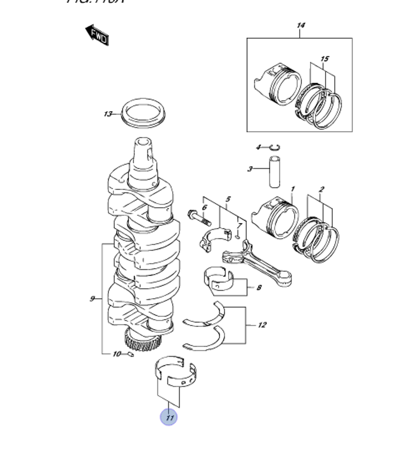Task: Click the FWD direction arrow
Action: coord(97,35)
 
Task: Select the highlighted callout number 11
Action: coord(169,417)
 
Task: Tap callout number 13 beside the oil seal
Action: coord(108,114)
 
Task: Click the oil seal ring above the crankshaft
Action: coord(143,113)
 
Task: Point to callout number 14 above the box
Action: coord(300,26)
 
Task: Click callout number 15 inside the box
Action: coord(324,59)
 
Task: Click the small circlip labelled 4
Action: coord(275,147)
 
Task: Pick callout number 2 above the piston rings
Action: coord(321,190)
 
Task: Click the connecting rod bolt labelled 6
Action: coord(199,218)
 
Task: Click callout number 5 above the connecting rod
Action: coord(228,199)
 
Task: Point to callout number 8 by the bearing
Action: coord(259,287)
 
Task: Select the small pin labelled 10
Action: coord(130,354)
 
